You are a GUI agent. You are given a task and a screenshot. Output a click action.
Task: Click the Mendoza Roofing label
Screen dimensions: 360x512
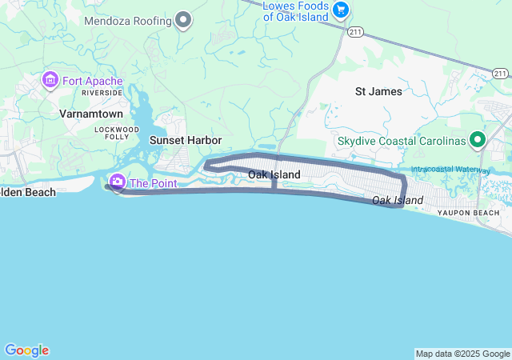click(129, 19)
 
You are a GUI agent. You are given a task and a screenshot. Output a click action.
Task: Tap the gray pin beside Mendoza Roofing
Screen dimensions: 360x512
click(183, 19)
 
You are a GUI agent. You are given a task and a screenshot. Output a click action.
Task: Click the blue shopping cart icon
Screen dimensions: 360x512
click(342, 10)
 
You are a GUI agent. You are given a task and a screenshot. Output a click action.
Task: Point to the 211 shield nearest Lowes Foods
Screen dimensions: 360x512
click(354, 30)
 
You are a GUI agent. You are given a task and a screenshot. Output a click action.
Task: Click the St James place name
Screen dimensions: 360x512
click(378, 91)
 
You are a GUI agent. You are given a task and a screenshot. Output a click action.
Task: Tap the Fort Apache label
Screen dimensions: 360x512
click(93, 81)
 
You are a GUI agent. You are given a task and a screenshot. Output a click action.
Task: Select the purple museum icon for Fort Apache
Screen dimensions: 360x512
click(50, 81)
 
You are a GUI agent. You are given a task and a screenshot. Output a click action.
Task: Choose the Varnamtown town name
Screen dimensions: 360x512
click(90, 114)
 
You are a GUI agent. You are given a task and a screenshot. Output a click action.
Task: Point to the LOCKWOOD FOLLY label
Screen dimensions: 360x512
click(117, 134)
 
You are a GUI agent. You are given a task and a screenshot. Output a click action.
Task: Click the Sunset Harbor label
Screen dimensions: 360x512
click(186, 140)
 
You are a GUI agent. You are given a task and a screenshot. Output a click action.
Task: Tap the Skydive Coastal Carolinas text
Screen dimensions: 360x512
click(401, 141)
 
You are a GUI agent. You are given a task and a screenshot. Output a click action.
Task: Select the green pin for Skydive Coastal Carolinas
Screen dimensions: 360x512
click(478, 141)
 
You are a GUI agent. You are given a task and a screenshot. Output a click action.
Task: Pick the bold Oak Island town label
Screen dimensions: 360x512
click(274, 174)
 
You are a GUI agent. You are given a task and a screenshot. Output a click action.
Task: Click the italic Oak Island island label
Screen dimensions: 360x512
click(398, 199)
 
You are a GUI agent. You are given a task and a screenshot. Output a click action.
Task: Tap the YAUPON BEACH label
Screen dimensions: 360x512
click(468, 213)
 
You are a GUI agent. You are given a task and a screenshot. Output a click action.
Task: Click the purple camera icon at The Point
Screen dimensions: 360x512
click(118, 182)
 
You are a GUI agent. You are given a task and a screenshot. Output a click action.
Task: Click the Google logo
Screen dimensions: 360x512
click(26, 350)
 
